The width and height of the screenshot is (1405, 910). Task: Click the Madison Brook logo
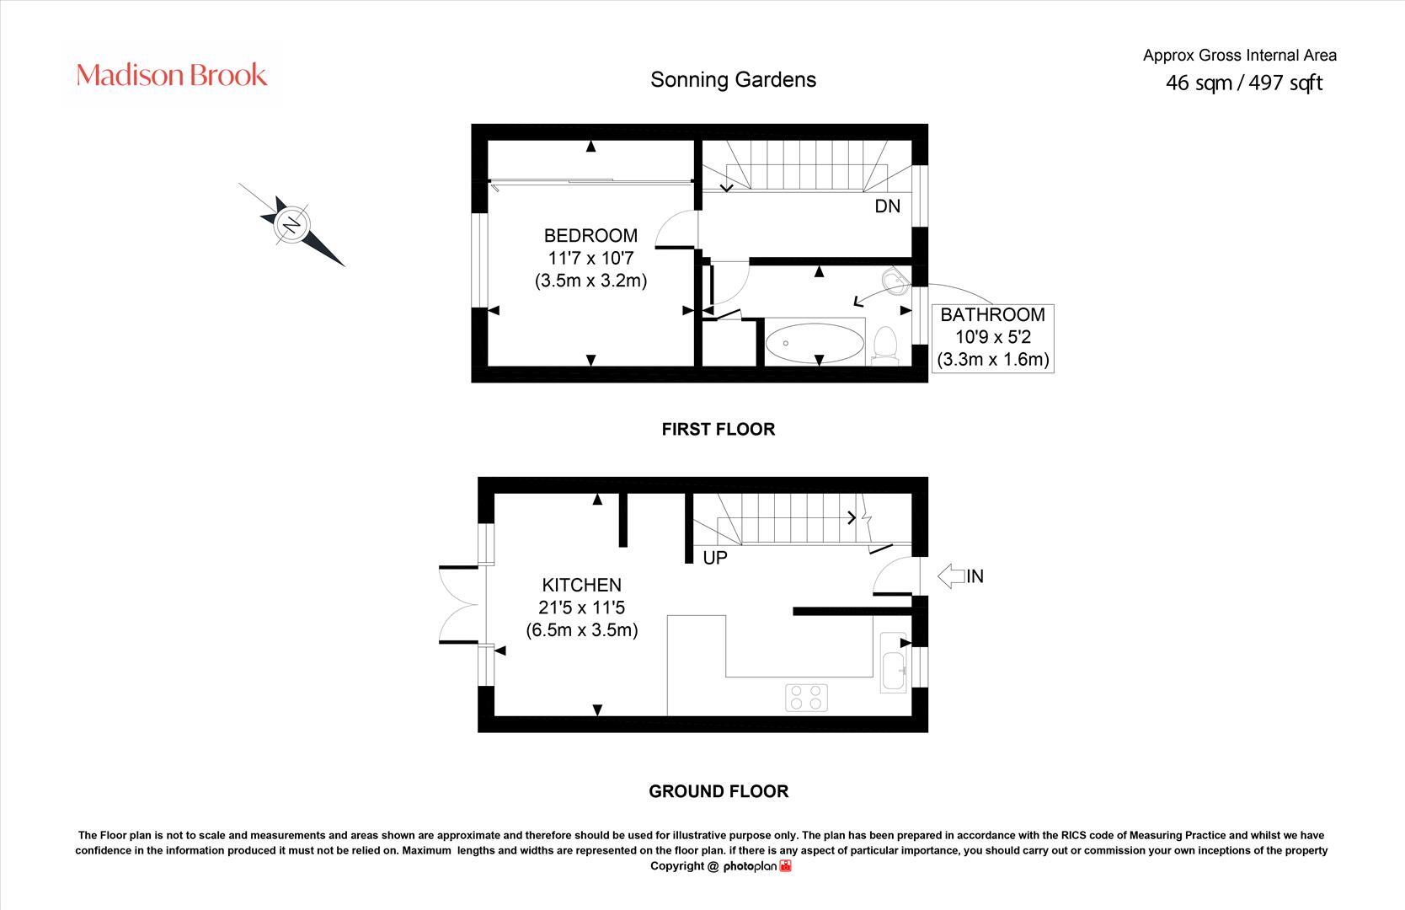[172, 76]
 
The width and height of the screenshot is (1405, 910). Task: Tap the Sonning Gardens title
[733, 80]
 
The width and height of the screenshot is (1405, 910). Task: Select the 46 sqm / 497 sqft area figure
[1243, 83]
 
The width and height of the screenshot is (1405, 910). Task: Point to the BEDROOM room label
[590, 236]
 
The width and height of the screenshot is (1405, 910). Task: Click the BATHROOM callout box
[993, 337]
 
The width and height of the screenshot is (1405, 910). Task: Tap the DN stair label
[887, 206]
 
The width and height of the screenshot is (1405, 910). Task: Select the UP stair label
[714, 558]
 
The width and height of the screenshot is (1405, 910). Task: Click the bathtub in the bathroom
[814, 343]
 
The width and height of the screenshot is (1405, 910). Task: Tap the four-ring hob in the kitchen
[806, 698]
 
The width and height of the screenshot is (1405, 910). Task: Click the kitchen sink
[893, 661]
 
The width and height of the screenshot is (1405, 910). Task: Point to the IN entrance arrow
[959, 576]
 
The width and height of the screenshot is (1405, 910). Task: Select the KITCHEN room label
[581, 585]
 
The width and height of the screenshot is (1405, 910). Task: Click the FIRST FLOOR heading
[718, 430]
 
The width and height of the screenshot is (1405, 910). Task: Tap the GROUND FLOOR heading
[718, 792]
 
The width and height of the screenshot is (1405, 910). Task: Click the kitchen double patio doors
[460, 605]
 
